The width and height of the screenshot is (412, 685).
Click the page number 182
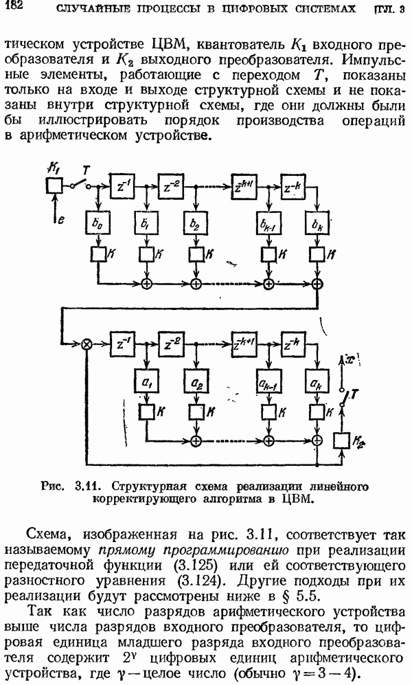13,6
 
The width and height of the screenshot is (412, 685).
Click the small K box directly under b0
97,254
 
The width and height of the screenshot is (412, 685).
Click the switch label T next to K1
85,169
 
